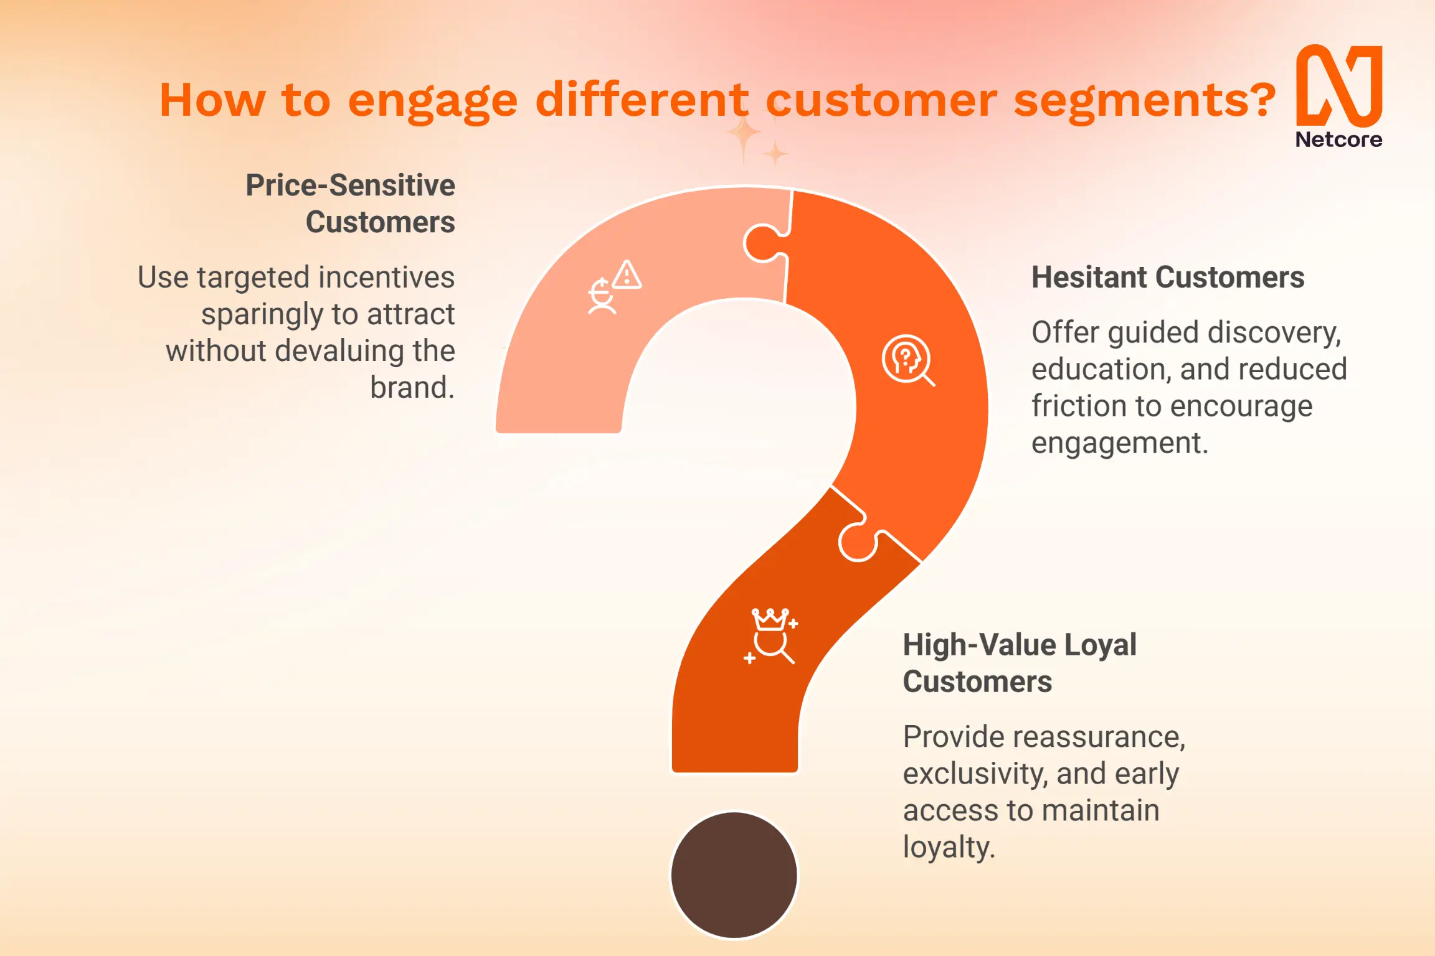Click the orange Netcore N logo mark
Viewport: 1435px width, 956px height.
click(1339, 86)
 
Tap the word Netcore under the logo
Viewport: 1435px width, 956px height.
click(1339, 139)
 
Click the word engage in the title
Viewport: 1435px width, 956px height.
click(432, 101)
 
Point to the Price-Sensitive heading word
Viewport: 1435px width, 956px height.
click(350, 185)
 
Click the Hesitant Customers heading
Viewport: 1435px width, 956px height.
click(1168, 277)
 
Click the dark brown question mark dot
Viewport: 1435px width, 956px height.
click(734, 874)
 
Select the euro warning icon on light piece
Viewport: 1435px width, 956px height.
click(615, 287)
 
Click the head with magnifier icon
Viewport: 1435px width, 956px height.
click(908, 360)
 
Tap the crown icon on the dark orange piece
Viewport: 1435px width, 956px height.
click(771, 636)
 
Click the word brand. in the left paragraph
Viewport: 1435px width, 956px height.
click(412, 387)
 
